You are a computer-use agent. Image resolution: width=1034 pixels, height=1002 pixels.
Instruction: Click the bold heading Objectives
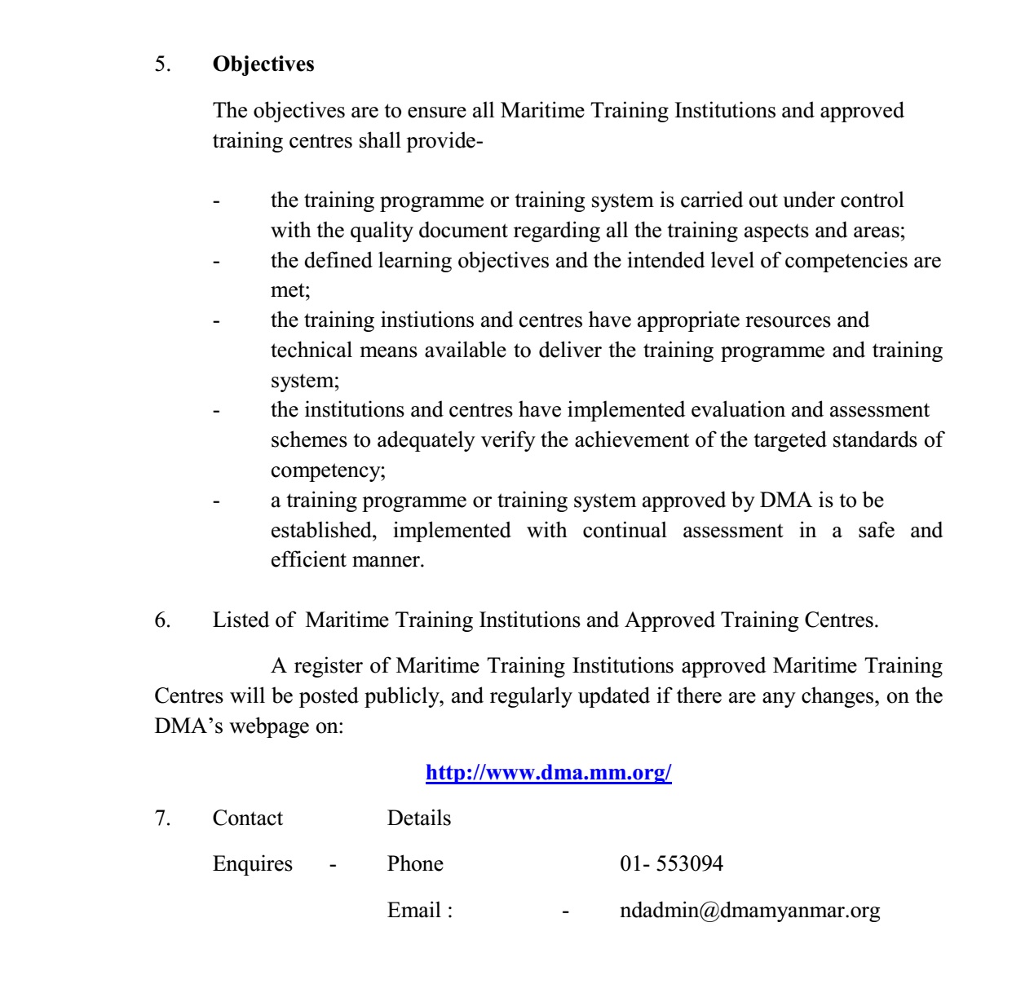click(x=263, y=64)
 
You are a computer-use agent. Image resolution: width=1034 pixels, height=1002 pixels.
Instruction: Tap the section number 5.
click(x=162, y=64)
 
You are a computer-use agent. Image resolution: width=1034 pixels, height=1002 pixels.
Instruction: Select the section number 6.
click(x=162, y=620)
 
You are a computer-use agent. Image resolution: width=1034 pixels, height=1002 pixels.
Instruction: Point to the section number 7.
click(x=162, y=819)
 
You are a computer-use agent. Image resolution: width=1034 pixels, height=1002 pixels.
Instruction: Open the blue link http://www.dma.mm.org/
click(x=548, y=773)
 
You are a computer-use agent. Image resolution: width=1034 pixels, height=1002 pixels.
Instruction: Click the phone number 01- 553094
click(x=670, y=864)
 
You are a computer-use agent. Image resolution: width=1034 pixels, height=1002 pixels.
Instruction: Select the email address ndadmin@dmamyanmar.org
click(x=749, y=911)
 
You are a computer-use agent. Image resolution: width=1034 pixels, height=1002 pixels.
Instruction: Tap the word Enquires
click(x=252, y=864)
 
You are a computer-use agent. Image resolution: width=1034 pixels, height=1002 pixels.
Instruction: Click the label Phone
click(x=415, y=864)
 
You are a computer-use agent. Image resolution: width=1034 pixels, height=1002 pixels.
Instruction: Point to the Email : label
click(x=419, y=911)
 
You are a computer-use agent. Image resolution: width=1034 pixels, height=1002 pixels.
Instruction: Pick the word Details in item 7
click(x=418, y=819)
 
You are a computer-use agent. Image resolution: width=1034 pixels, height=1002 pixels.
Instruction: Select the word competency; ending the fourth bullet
click(x=328, y=471)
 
